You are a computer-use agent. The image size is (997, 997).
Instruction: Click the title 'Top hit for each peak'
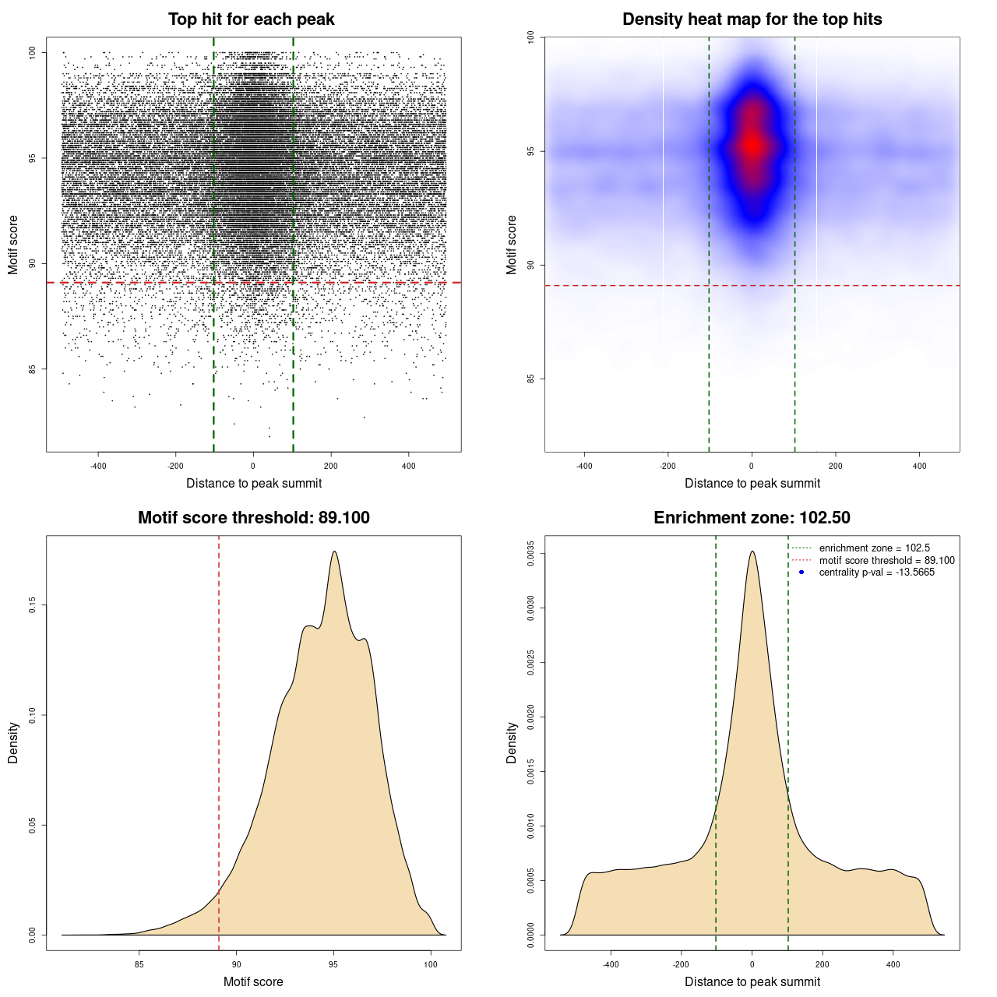(x=252, y=19)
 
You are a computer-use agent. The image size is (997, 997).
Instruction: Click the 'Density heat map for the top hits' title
(x=752, y=19)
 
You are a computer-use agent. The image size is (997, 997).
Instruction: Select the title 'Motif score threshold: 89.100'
(x=253, y=518)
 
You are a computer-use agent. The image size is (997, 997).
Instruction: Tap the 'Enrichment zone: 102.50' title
(x=752, y=518)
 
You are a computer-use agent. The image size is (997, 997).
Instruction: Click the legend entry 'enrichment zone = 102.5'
(x=874, y=548)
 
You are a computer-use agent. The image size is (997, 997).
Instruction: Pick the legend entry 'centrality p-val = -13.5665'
(x=876, y=572)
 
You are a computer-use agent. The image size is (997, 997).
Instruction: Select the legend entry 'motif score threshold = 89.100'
(x=886, y=561)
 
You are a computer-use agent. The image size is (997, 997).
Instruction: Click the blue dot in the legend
(x=801, y=572)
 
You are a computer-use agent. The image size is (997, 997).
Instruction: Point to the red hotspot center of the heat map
(x=752, y=145)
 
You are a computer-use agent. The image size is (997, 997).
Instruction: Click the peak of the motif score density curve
(x=334, y=551)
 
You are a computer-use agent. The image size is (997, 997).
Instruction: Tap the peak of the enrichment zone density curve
(x=752, y=551)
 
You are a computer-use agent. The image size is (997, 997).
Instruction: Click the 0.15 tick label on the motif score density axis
(x=32, y=605)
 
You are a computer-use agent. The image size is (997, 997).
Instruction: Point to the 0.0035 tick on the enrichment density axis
(x=530, y=554)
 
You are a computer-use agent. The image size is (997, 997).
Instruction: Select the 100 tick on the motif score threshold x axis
(x=431, y=964)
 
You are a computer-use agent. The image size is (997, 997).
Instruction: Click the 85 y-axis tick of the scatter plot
(x=32, y=369)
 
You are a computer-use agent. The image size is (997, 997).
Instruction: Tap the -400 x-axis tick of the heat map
(x=584, y=466)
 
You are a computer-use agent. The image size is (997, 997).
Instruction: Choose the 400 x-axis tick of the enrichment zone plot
(x=893, y=964)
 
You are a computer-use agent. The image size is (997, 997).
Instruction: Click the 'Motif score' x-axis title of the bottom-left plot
(x=253, y=981)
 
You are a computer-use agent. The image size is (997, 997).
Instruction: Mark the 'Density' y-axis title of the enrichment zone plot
(x=512, y=742)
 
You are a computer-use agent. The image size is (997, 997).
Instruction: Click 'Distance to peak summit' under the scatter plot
(x=254, y=483)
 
